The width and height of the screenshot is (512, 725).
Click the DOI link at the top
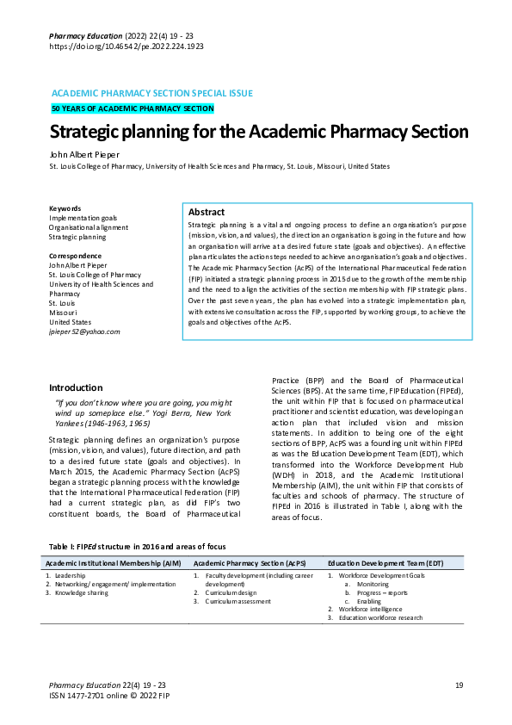point(126,46)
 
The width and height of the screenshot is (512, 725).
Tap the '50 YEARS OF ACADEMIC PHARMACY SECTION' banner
point(132,108)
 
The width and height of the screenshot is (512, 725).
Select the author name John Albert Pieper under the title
point(83,153)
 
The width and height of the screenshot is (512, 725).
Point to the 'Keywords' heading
point(65,208)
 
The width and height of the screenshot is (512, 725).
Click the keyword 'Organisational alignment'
point(89,227)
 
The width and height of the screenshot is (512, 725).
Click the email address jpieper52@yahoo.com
point(84,332)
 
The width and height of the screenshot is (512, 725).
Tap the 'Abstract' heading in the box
point(207,212)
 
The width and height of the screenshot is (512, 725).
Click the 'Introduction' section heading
point(76,387)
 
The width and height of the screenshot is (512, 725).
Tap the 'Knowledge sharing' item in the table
point(81,593)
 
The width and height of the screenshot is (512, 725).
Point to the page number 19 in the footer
point(460,684)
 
